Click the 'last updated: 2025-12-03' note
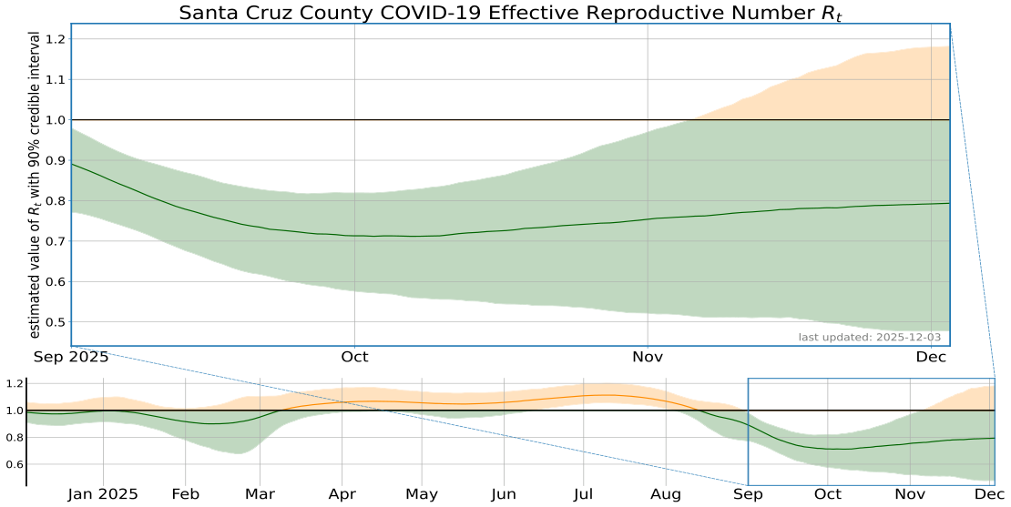pyautogui.click(x=872, y=339)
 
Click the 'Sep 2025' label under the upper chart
pyautogui.click(x=71, y=357)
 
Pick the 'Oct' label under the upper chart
pyautogui.click(x=354, y=357)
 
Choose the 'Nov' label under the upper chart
pyautogui.click(x=648, y=357)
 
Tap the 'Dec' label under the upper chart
pyautogui.click(x=932, y=357)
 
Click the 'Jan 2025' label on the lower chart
pyautogui.click(x=103, y=494)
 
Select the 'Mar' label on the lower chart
pyautogui.click(x=260, y=494)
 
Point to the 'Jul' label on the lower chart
pyautogui.click(x=584, y=494)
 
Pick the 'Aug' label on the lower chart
pyautogui.click(x=666, y=494)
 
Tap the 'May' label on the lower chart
pyautogui.click(x=422, y=494)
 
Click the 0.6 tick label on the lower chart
pyautogui.click(x=14, y=464)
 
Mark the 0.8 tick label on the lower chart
pyautogui.click(x=14, y=438)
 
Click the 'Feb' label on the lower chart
pyautogui.click(x=185, y=494)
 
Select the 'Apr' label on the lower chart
pyautogui.click(x=342, y=494)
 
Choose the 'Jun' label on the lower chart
pyautogui.click(x=504, y=494)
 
